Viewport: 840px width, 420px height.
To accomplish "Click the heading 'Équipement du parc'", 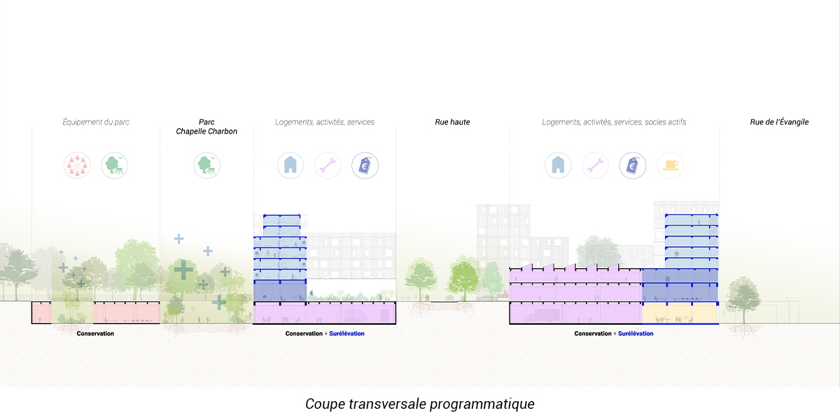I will point(96,122).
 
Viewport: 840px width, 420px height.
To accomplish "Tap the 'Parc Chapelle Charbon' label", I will point(206,126).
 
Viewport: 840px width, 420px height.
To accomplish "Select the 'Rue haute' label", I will point(452,122).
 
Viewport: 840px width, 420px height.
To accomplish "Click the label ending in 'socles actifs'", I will point(614,122).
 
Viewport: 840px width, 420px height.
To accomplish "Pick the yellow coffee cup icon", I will point(671,165).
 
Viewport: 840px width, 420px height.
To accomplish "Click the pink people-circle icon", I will point(77,165).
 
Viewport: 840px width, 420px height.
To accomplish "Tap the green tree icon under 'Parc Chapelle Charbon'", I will point(206,165).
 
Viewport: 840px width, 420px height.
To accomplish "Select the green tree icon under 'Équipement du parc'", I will point(114,165).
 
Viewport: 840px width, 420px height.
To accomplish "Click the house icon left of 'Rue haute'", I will point(290,165).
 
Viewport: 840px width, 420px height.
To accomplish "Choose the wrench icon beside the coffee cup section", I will point(595,165).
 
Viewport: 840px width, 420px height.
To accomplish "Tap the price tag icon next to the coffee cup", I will point(632,165).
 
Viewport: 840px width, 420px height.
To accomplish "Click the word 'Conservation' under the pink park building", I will point(95,334).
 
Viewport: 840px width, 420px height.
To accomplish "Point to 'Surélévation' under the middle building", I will point(346,334).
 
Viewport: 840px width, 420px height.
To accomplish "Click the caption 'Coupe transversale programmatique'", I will point(420,405).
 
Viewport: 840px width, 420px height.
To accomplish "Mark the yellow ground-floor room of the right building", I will point(680,314).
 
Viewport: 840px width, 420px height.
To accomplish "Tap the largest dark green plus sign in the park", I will point(184,269).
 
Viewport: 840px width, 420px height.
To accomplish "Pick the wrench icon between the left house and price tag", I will point(327,165).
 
